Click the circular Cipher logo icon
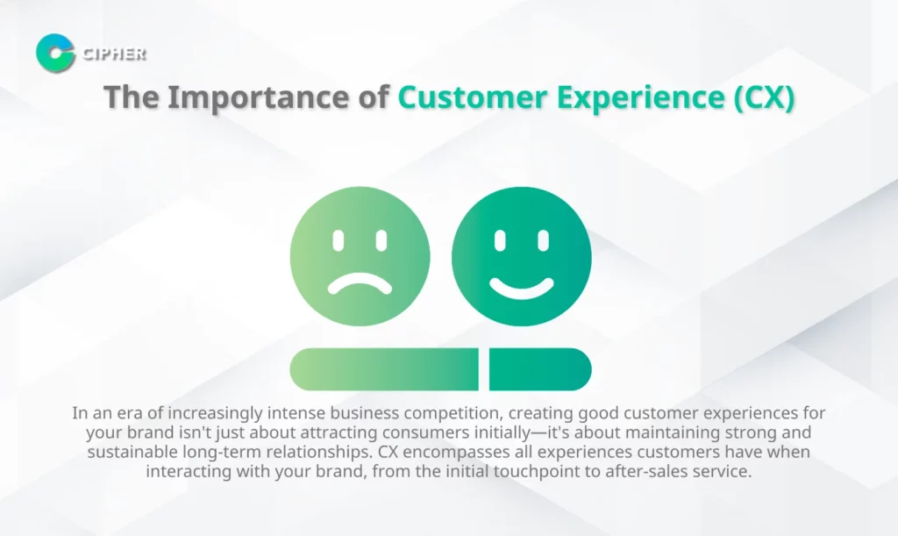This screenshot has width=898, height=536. pos(55,54)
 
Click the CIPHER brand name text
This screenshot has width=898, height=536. pos(113,54)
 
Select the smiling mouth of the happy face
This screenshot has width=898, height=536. pos(521,285)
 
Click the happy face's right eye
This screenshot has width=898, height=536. pos(542,239)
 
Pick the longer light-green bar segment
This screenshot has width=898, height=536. pos(383,369)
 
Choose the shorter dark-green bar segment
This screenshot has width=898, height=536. pos(539,369)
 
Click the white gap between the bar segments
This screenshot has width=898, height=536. pos(484,369)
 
